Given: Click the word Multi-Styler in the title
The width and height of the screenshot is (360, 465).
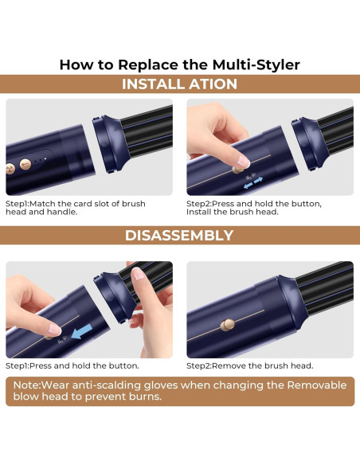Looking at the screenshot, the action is (x=256, y=64).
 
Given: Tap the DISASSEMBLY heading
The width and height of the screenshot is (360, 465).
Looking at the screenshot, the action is (x=179, y=236).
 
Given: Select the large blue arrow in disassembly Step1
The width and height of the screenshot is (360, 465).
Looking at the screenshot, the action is (x=82, y=331).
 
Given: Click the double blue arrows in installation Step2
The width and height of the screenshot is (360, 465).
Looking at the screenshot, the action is (x=253, y=182).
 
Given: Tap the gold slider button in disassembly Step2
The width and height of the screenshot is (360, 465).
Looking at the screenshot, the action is (x=228, y=325).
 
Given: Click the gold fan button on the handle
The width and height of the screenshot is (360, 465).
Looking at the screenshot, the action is (x=10, y=169).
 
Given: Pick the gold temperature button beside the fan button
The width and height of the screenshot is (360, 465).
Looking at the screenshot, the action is (x=25, y=164).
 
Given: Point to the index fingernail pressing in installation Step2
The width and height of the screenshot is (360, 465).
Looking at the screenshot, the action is (x=243, y=162).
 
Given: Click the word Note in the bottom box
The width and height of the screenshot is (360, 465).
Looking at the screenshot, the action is (x=26, y=385).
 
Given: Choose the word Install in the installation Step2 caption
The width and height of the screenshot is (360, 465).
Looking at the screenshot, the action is (x=198, y=212).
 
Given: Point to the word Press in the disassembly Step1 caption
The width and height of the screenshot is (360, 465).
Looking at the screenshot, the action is (x=41, y=365).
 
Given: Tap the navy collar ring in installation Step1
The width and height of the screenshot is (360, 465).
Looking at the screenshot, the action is (x=108, y=144).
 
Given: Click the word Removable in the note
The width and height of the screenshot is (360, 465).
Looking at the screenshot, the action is (x=317, y=385).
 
